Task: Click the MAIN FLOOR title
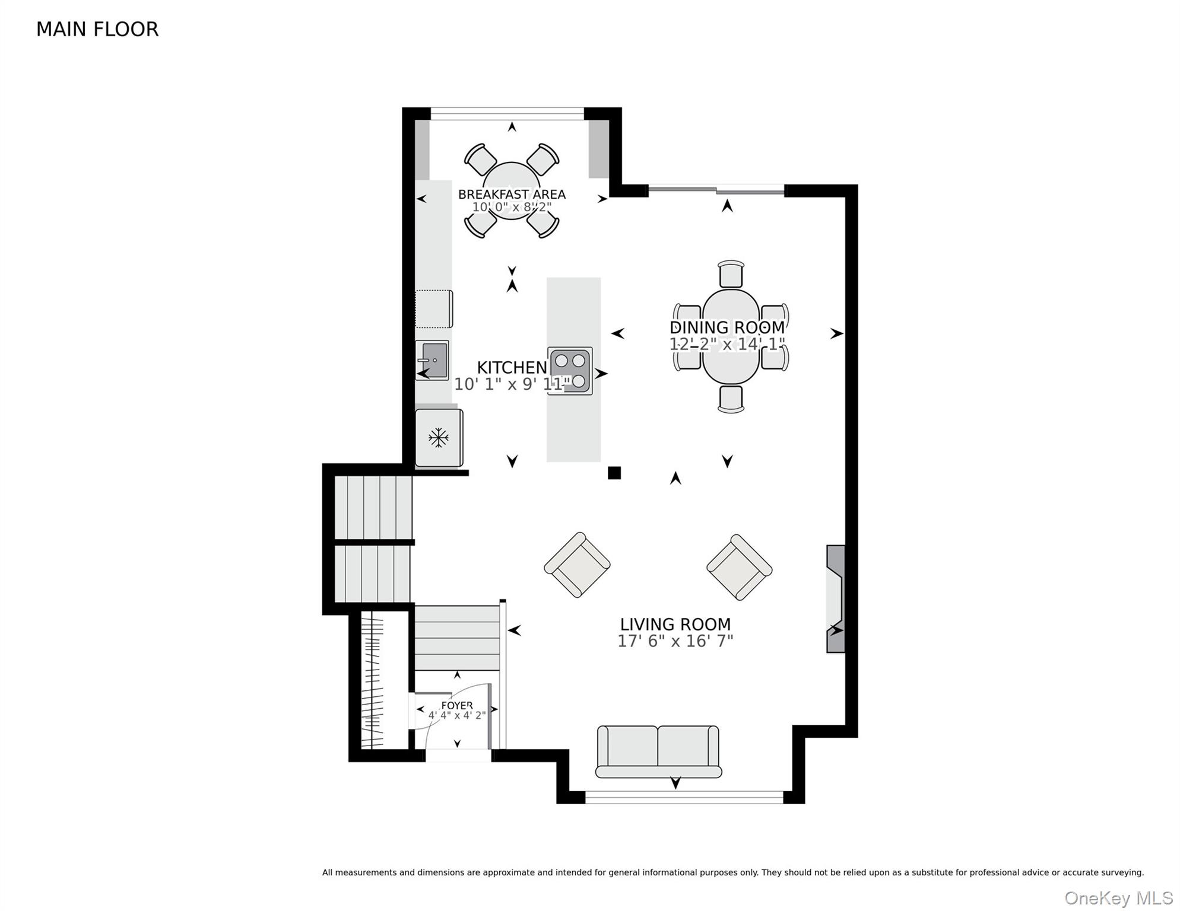(x=97, y=29)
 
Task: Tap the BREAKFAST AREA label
(x=512, y=194)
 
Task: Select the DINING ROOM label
(x=727, y=327)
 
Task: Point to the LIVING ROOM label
(x=675, y=624)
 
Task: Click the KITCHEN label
(x=512, y=367)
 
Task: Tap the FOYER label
(x=457, y=705)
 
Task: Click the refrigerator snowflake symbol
(x=439, y=438)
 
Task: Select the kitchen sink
(x=432, y=360)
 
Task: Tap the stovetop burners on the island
(x=570, y=371)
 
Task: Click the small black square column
(x=614, y=473)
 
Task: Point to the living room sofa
(x=659, y=751)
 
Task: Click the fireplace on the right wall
(x=836, y=599)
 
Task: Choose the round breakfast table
(x=512, y=190)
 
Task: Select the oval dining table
(x=731, y=336)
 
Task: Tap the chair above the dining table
(x=731, y=274)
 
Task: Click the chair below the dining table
(x=731, y=399)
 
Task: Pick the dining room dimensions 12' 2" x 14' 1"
(x=727, y=344)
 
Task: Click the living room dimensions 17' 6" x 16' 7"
(x=675, y=641)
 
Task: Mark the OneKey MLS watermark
(x=1119, y=898)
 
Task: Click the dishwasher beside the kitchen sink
(x=434, y=309)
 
